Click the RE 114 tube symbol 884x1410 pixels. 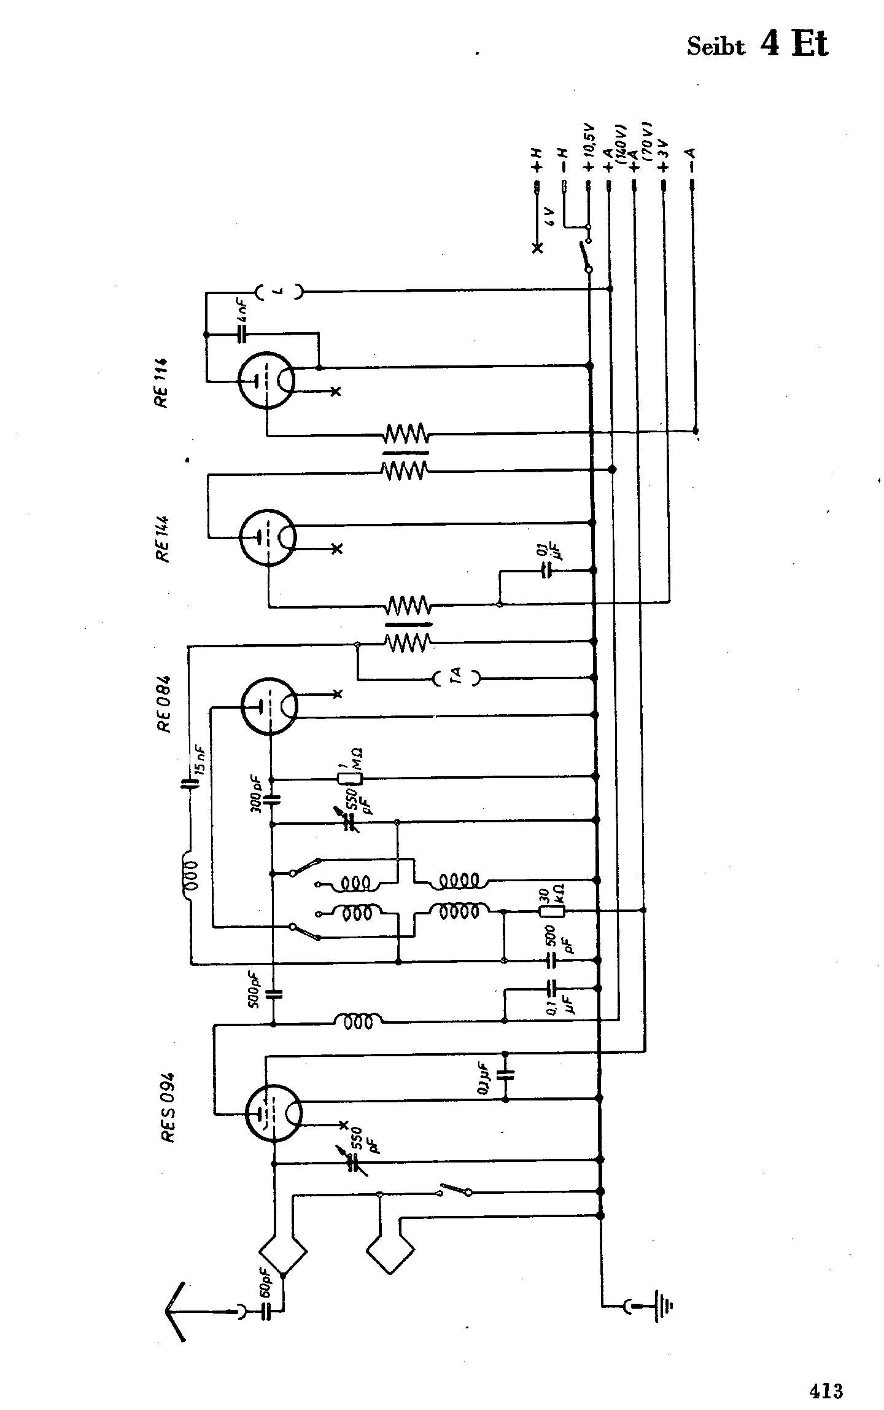pos(266,381)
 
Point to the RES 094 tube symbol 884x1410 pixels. pos(273,1113)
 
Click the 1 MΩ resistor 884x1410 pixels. pos(351,778)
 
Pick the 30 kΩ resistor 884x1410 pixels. pos(551,911)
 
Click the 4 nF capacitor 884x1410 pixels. pos(242,335)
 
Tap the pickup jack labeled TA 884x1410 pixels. pos(456,678)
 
